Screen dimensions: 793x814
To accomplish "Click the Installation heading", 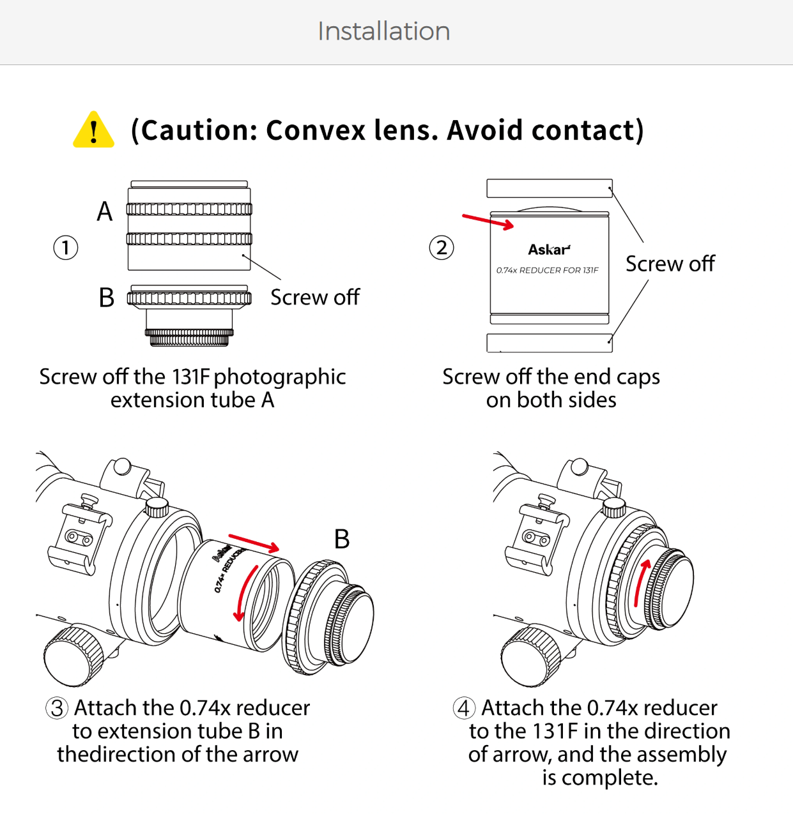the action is click(x=384, y=31).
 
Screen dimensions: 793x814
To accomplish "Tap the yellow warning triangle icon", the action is click(x=93, y=130).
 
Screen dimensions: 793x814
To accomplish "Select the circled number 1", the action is click(x=66, y=248).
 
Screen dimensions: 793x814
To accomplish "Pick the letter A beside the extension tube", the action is click(x=105, y=211).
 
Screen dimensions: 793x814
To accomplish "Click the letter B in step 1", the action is click(x=106, y=298).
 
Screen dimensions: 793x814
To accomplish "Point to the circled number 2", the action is click(x=442, y=248).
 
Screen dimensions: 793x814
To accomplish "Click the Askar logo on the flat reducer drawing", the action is click(x=549, y=250).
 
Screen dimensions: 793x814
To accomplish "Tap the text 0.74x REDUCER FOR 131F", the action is click(x=547, y=270).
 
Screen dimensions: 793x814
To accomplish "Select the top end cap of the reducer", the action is click(x=550, y=188).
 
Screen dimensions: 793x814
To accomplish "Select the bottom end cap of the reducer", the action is click(x=550, y=343).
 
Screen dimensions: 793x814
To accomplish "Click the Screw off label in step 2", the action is click(x=670, y=264).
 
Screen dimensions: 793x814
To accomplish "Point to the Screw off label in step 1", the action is click(x=315, y=298).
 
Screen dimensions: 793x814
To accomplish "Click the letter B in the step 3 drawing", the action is click(x=342, y=539).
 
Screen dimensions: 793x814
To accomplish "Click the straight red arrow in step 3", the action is click(x=254, y=543).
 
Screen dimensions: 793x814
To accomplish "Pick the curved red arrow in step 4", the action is click(x=641, y=582).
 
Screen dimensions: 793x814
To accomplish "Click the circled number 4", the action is click(x=464, y=708).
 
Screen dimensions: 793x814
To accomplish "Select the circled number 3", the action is click(x=56, y=708).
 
